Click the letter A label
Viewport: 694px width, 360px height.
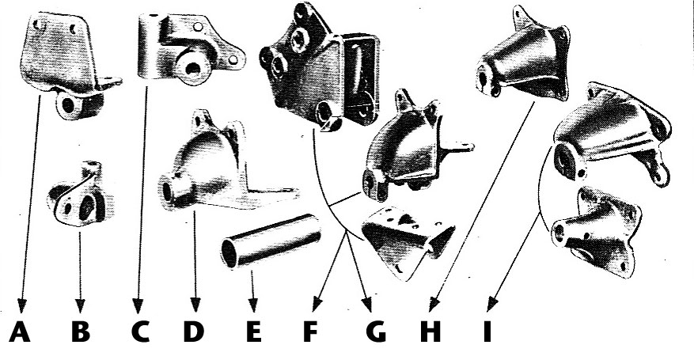pyautogui.click(x=20, y=332)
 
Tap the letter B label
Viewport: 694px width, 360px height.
pyautogui.click(x=81, y=332)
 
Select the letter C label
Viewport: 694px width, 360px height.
pyautogui.click(x=140, y=332)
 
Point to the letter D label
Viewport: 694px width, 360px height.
pyautogui.click(x=194, y=332)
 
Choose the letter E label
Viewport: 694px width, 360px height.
pyautogui.click(x=253, y=332)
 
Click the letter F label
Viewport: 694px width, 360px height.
pyautogui.click(x=311, y=332)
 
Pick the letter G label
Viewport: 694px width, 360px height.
pyautogui.click(x=376, y=332)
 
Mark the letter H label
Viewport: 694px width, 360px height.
pyautogui.click(x=430, y=332)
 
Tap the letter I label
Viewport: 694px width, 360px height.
pyautogui.click(x=487, y=332)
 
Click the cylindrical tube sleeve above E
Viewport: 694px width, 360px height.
pyautogui.click(x=271, y=241)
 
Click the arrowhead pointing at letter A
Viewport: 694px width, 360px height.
pyautogui.click(x=21, y=306)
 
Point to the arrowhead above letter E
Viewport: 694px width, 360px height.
pyautogui.click(x=252, y=305)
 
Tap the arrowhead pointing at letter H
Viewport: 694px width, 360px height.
pyautogui.click(x=434, y=305)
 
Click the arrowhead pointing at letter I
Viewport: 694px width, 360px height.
pyautogui.click(x=491, y=305)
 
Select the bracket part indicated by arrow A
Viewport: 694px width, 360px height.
pyautogui.click(x=66, y=62)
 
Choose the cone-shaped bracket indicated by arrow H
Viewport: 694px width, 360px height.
pyautogui.click(x=525, y=55)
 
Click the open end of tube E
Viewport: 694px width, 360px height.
pyautogui.click(x=229, y=253)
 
